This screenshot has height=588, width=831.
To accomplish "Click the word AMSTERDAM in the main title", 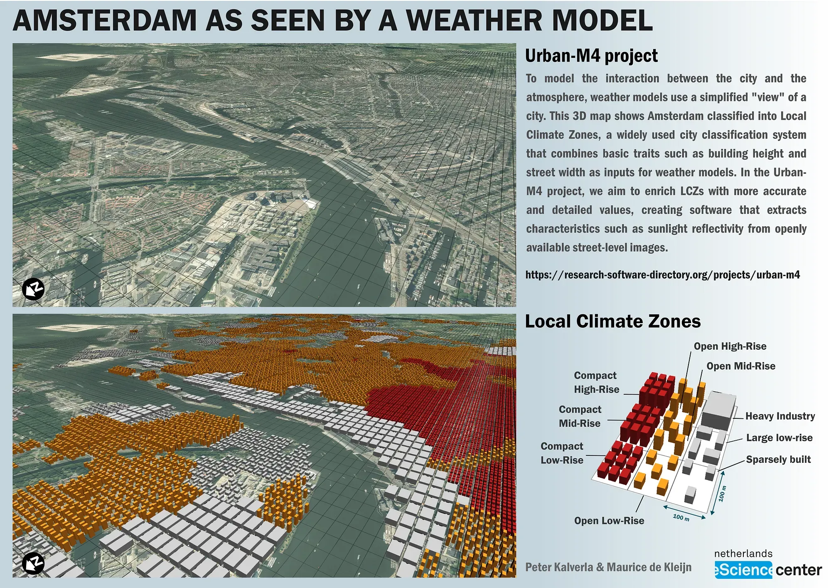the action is tap(105, 20).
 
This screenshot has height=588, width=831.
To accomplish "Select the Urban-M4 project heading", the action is tap(591, 56).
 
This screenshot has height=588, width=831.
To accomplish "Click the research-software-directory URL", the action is tap(663, 275).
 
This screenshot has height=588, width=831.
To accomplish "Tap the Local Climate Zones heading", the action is tap(613, 321).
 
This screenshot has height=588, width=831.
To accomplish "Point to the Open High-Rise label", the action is tap(730, 346).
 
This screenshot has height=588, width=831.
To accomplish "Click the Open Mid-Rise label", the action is tap(741, 366).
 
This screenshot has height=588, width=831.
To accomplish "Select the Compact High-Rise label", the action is tap(596, 383).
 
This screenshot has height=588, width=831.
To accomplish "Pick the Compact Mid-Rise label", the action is tap(580, 416).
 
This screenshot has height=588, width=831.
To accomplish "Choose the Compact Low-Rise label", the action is tap(562, 453).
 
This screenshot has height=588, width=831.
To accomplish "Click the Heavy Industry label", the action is tap(780, 416).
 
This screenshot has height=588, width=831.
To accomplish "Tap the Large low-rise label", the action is tap(779, 438).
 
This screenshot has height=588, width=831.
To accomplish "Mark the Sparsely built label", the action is tap(778, 460).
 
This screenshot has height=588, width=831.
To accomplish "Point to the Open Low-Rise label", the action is tap(609, 521).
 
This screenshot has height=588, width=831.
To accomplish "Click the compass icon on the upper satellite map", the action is tap(33, 289).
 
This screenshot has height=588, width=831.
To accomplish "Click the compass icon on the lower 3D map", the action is tap(33, 563).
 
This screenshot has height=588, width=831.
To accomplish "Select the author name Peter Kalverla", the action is tap(559, 567).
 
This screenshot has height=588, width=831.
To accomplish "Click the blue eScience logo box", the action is tap(743, 570).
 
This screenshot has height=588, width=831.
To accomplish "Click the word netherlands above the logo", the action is tap(743, 553).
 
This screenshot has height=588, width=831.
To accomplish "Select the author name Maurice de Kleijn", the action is tap(649, 567).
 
